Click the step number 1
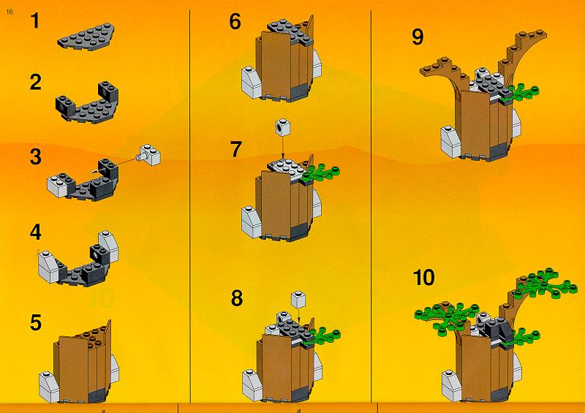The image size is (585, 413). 35,21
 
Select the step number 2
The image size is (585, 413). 35,82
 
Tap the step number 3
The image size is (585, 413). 35,156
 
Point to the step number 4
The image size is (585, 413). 35,232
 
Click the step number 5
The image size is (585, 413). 35,322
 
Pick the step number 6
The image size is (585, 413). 235,21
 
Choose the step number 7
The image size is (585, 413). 235,149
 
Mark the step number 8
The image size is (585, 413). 236,298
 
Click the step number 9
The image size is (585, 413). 418,37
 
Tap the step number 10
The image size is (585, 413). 424,278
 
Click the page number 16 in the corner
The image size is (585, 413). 10,12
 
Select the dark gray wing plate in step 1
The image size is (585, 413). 86,37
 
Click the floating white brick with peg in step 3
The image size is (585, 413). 150,154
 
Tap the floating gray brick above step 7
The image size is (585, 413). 282,127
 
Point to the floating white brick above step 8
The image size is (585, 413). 298,300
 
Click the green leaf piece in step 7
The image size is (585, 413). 320,173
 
